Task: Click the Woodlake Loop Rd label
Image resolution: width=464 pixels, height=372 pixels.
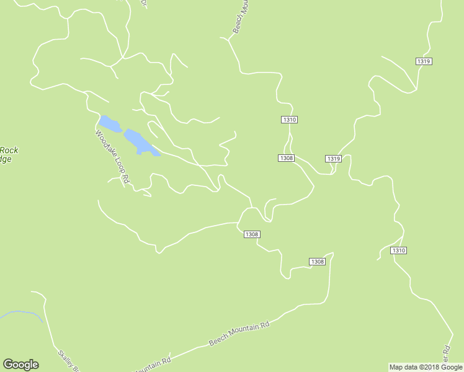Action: (x=112, y=157)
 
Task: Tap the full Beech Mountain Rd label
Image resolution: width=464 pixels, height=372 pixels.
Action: (x=239, y=334)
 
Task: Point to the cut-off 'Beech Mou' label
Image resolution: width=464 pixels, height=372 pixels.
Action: (x=241, y=17)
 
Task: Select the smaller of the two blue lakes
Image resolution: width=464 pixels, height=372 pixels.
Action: (x=110, y=123)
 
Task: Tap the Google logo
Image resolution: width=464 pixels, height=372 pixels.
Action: (x=20, y=365)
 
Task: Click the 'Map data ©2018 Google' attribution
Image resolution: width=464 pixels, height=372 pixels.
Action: (x=426, y=367)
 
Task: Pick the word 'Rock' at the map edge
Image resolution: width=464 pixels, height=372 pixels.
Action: (x=9, y=150)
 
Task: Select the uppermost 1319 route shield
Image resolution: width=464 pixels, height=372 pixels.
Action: (x=424, y=61)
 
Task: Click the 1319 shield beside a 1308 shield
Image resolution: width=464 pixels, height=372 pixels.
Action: (x=333, y=159)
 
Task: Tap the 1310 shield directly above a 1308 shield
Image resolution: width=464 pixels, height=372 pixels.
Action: (x=289, y=120)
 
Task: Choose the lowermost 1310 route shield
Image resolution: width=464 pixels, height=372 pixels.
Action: (x=398, y=250)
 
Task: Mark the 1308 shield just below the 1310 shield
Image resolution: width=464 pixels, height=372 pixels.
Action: (x=286, y=158)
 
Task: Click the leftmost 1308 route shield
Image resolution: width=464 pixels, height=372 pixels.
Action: (x=251, y=234)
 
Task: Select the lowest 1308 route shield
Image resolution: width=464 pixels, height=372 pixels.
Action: (x=317, y=262)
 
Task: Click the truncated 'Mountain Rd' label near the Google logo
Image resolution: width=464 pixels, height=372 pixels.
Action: (x=152, y=365)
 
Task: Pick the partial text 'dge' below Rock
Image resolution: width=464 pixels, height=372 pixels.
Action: (x=6, y=159)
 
